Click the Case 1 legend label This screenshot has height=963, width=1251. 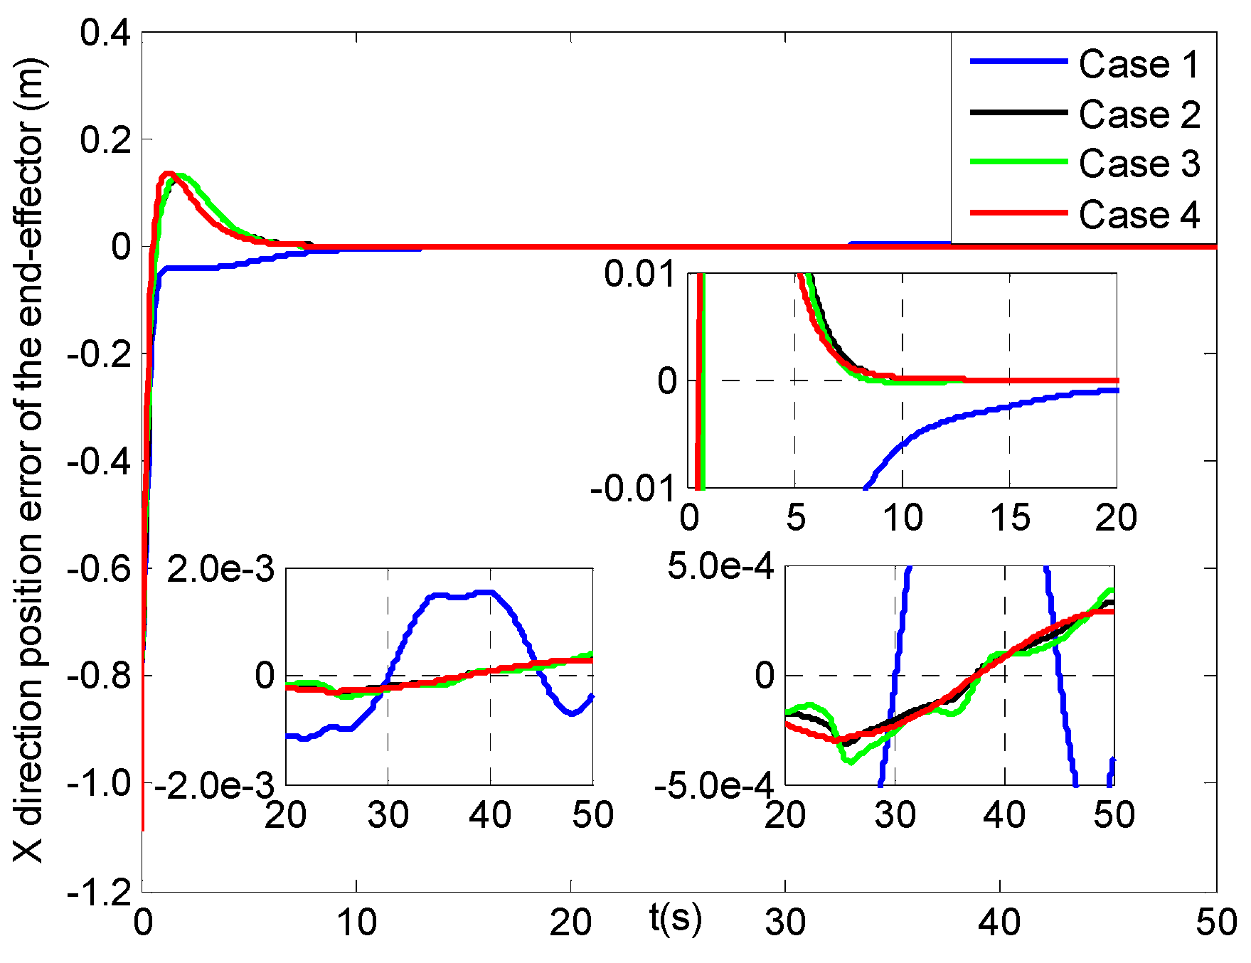click(1139, 65)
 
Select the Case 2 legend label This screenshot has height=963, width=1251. click(1139, 115)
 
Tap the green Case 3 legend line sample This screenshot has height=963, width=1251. click(1018, 162)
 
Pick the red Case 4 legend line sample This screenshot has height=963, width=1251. click(1018, 213)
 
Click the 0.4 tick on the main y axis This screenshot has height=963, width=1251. click(105, 33)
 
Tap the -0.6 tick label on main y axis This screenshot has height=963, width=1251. click(100, 568)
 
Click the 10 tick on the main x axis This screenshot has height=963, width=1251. click(356, 923)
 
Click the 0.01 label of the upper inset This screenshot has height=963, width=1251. click(639, 275)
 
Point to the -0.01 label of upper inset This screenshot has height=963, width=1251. click(632, 489)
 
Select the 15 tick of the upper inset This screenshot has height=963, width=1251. click(1009, 518)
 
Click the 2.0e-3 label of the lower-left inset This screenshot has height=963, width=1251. click(220, 570)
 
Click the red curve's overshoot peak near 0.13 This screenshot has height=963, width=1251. click(168, 174)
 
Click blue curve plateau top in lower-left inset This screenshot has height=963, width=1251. click(462, 595)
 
